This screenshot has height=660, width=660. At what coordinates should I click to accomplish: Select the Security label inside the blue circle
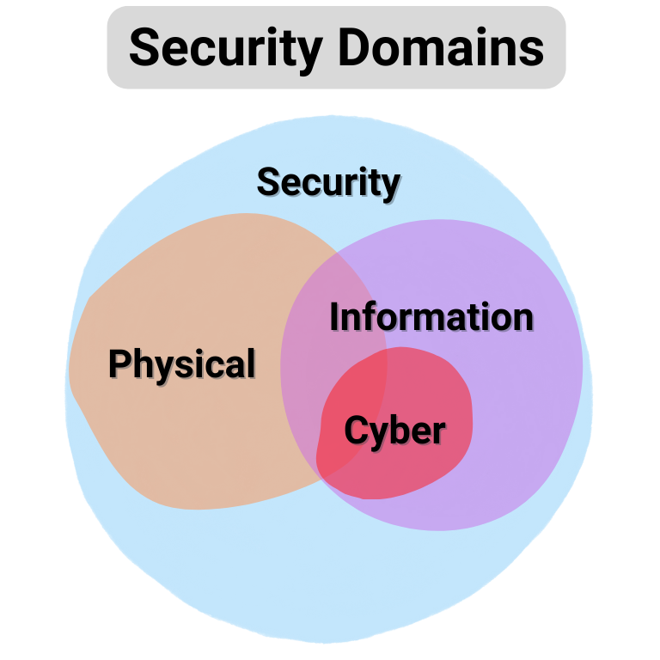[x=328, y=183]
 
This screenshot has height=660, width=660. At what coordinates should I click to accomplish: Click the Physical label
[x=182, y=364]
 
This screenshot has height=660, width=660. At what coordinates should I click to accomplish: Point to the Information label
[x=431, y=318]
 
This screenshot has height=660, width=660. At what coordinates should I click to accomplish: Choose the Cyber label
[x=395, y=431]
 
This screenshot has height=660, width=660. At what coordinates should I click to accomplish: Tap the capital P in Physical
[x=119, y=364]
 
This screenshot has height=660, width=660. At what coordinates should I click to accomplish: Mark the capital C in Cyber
[x=356, y=431]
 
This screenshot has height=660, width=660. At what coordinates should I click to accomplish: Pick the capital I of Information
[x=335, y=318]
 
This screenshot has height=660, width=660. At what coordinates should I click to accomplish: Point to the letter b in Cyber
[x=402, y=430]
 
